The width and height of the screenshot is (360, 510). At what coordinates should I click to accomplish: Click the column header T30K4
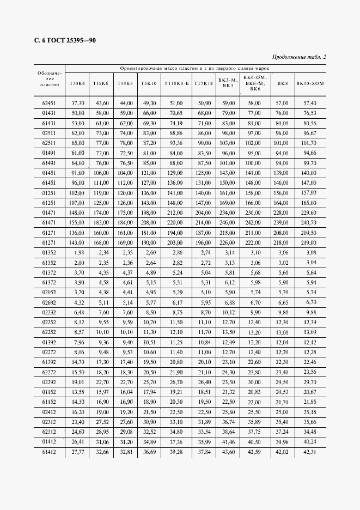(x=78, y=83)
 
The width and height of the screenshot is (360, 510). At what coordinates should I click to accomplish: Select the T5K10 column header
(x=149, y=83)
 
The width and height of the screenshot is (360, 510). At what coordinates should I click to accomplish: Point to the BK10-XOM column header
(x=310, y=83)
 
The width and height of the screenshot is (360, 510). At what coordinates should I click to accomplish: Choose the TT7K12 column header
(x=204, y=83)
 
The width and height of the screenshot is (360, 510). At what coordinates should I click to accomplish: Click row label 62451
(x=49, y=103)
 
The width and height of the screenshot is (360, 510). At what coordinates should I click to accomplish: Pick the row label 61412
(x=49, y=452)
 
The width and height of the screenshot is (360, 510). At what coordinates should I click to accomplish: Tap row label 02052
(x=49, y=293)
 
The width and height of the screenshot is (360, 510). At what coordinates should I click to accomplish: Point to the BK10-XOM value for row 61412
(x=310, y=452)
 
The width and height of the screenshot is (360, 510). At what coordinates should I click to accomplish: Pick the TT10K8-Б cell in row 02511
(x=176, y=133)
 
